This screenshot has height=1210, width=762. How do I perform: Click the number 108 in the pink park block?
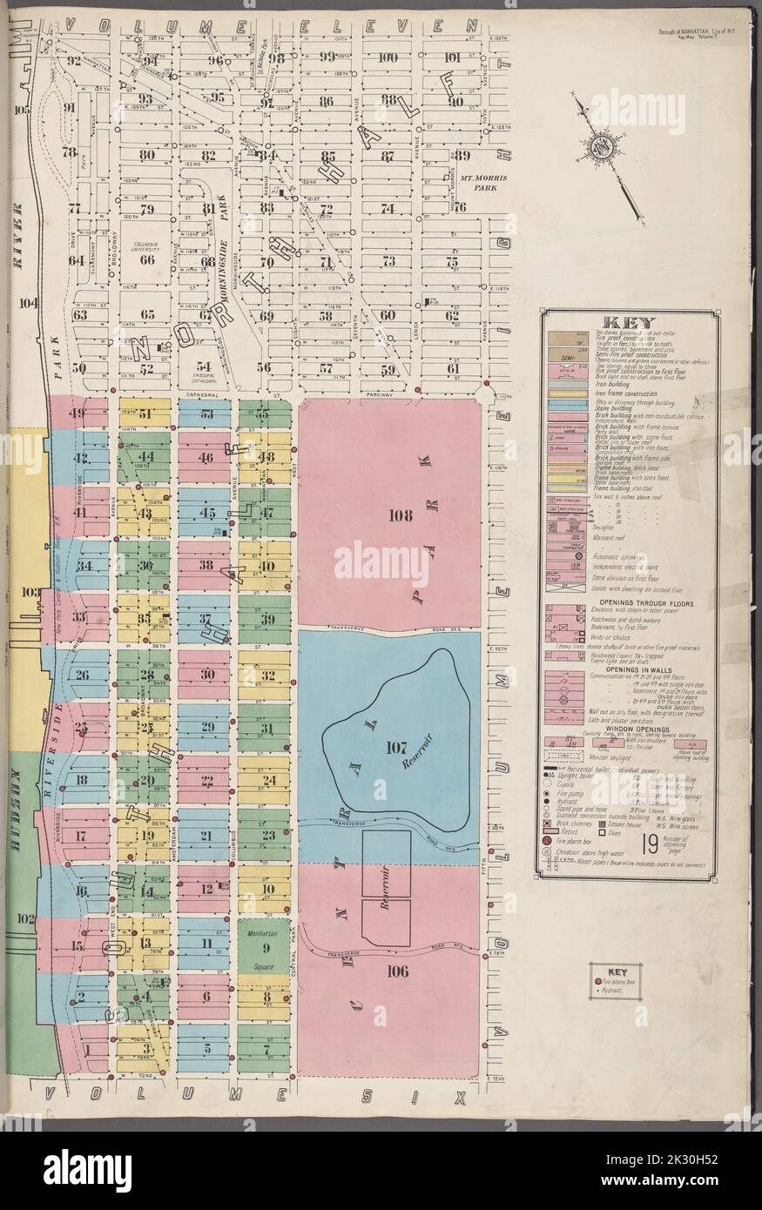click(x=401, y=515)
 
